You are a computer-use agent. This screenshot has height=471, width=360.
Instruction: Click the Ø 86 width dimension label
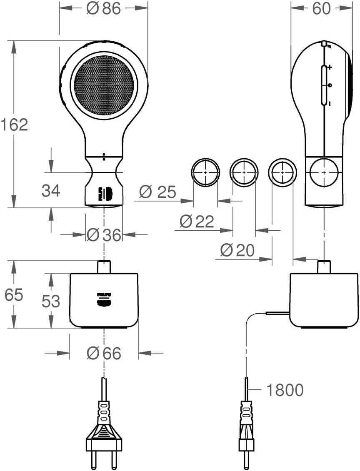(x=103, y=9)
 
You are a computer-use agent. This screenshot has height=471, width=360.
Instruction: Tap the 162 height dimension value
(x=14, y=125)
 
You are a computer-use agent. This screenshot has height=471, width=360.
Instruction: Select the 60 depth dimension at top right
(x=321, y=9)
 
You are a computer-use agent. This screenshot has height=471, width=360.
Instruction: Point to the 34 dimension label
(x=51, y=191)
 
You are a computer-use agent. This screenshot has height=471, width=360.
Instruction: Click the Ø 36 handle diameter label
(x=104, y=235)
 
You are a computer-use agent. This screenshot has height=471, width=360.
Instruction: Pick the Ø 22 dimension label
(x=197, y=221)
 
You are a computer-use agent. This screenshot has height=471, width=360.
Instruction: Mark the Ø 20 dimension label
(x=237, y=250)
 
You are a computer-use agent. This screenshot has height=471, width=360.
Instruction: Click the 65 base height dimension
(x=15, y=295)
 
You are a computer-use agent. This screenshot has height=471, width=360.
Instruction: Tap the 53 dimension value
(x=51, y=301)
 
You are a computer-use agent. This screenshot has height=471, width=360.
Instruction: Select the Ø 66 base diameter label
(x=104, y=354)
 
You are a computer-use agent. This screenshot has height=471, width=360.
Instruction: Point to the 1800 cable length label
(x=285, y=390)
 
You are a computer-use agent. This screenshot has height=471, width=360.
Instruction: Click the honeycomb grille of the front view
(x=104, y=85)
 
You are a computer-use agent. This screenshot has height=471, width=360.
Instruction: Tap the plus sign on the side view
(x=330, y=67)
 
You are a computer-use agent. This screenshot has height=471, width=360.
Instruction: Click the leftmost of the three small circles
(x=205, y=172)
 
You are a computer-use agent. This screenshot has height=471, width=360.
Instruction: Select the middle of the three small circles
(x=244, y=172)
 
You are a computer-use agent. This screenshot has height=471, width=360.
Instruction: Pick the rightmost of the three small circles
(x=282, y=172)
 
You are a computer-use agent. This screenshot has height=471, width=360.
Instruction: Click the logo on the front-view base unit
(x=104, y=299)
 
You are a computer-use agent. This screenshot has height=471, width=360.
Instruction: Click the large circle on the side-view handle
(x=324, y=172)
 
